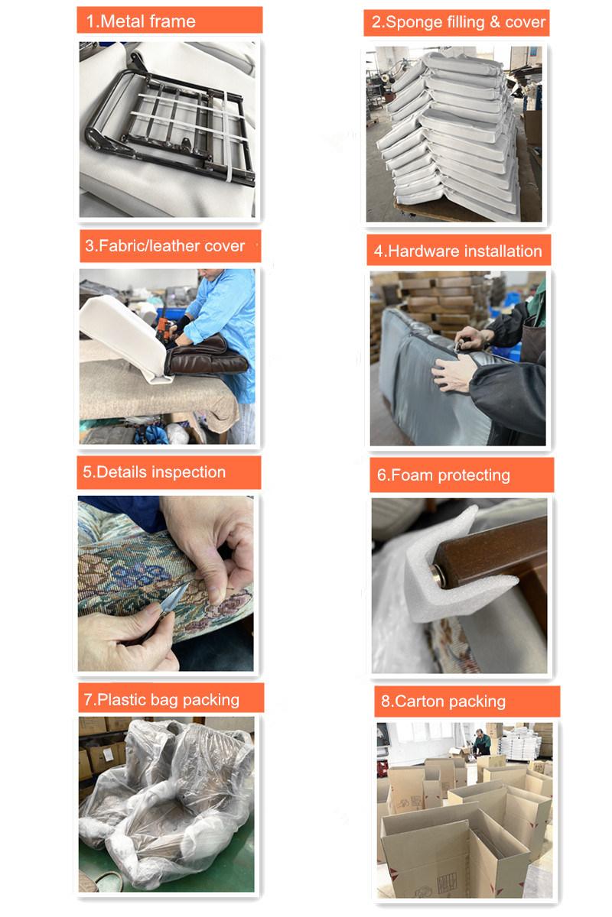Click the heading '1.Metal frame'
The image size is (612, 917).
141,21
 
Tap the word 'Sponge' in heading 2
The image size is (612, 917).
414,22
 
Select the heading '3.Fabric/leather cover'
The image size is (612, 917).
164,245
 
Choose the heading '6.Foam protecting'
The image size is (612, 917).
443,475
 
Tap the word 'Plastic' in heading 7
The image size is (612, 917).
122,699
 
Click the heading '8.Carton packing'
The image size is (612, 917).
443,702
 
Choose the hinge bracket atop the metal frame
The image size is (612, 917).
138,62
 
